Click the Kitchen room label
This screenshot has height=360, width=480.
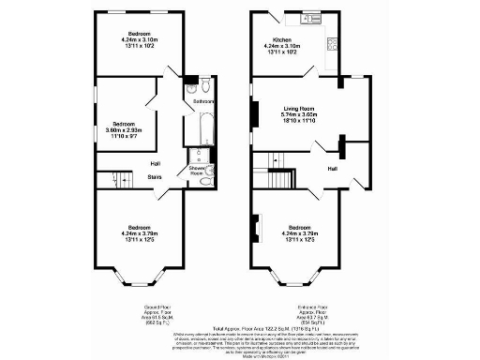(x=280, y=39)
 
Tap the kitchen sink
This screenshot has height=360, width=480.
(x=308, y=19)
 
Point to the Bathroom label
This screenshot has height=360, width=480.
(x=204, y=101)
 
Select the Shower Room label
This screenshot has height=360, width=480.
(x=198, y=171)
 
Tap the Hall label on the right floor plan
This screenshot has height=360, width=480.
(x=333, y=169)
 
